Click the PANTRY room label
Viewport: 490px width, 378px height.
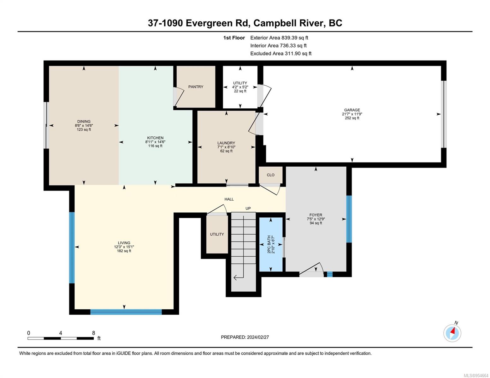196,87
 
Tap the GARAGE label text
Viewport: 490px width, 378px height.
352,110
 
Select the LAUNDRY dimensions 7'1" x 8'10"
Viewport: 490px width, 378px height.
226,147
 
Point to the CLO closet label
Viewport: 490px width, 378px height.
270,175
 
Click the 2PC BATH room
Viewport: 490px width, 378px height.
271,244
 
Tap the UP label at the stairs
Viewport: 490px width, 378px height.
248,209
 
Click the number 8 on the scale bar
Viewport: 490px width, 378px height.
93,333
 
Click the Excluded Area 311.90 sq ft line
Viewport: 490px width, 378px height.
281,54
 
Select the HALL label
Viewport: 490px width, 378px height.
229,199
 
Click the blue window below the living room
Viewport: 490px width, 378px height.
126,312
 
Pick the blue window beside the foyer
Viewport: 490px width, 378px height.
349,219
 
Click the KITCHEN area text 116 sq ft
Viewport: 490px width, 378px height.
155,146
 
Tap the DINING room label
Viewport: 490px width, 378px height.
84,121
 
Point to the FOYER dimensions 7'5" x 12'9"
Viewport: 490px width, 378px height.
316,219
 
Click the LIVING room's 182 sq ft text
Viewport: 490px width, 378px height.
124,251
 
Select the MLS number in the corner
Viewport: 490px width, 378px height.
476,375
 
